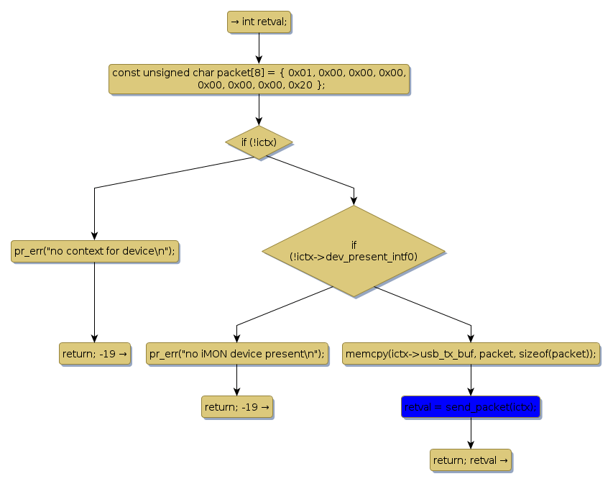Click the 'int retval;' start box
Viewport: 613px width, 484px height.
258,22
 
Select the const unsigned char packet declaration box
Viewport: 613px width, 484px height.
259,78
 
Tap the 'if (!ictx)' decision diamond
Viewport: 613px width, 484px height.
259,142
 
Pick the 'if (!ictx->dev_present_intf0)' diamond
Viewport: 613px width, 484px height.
354,250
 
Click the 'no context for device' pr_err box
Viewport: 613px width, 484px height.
94,251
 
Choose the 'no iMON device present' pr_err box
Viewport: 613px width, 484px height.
236,354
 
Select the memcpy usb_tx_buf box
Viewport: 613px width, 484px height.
471,354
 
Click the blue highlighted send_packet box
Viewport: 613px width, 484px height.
471,407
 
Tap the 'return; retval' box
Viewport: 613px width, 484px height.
471,460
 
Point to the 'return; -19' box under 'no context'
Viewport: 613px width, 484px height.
94,354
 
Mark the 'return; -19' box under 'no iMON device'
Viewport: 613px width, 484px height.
236,407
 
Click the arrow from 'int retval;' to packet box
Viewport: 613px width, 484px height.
259,48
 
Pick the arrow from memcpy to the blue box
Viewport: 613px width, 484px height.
471,380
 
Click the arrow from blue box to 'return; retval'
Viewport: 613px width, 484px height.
471,434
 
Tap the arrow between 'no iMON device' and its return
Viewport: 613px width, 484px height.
236,380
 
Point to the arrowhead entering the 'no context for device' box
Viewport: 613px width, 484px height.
94,237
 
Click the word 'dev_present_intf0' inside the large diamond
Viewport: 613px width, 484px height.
371,256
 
